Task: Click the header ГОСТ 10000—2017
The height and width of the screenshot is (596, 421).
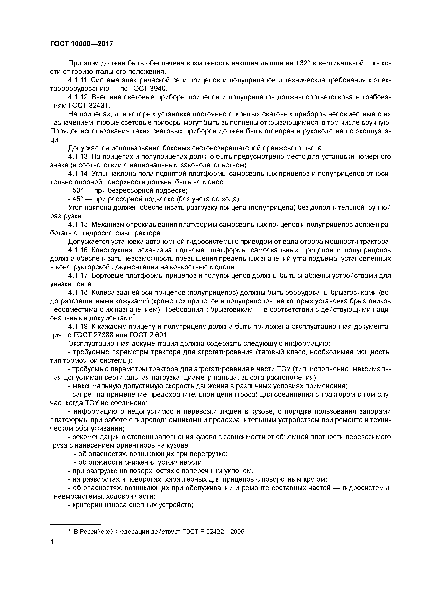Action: [x=81, y=44]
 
